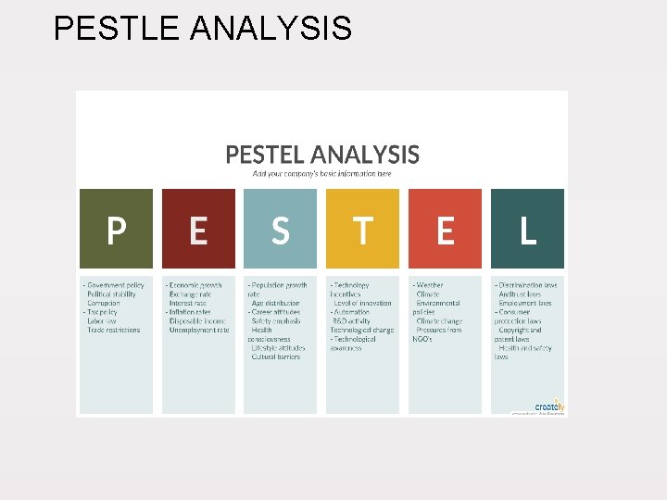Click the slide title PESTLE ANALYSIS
tap(202, 28)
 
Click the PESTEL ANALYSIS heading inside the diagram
tap(322, 155)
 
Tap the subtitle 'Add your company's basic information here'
tap(322, 173)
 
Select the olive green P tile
tap(116, 230)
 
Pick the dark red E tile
tap(198, 230)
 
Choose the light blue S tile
tap(280, 230)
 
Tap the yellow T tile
tap(362, 230)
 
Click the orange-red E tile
tap(445, 230)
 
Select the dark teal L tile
tap(527, 230)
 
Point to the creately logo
tap(548, 406)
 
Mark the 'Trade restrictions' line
tap(114, 330)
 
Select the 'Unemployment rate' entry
tap(198, 330)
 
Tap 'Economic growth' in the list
tap(196, 285)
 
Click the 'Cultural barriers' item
tap(275, 356)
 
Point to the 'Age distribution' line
tap(275, 303)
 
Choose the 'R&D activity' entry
tap(352, 320)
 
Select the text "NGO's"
tap(422, 339)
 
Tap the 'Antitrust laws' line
tap(520, 294)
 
